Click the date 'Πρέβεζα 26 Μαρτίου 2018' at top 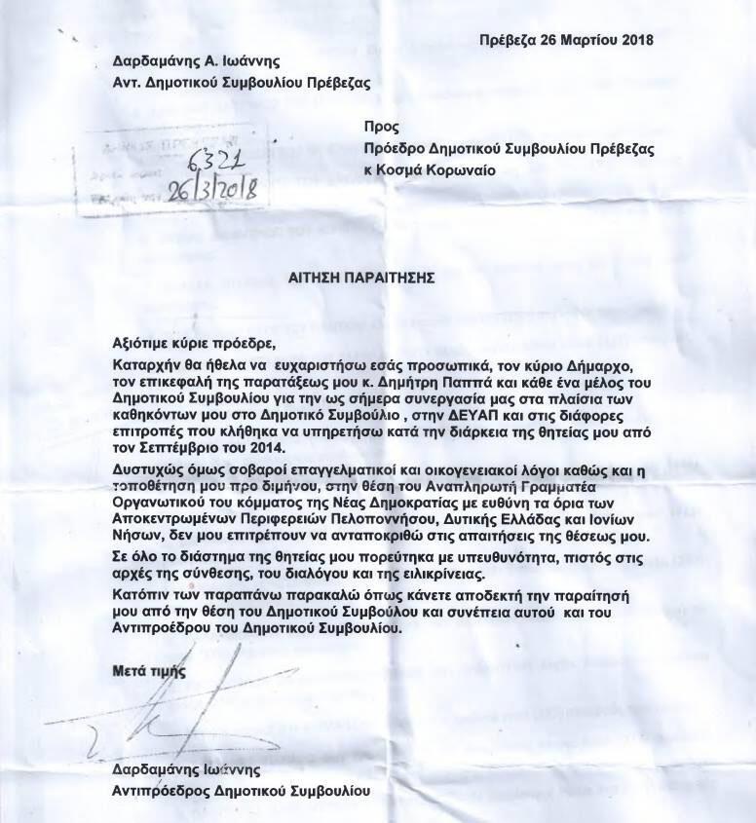click(x=565, y=41)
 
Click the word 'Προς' click(x=377, y=127)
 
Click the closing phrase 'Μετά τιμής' click(x=146, y=671)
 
